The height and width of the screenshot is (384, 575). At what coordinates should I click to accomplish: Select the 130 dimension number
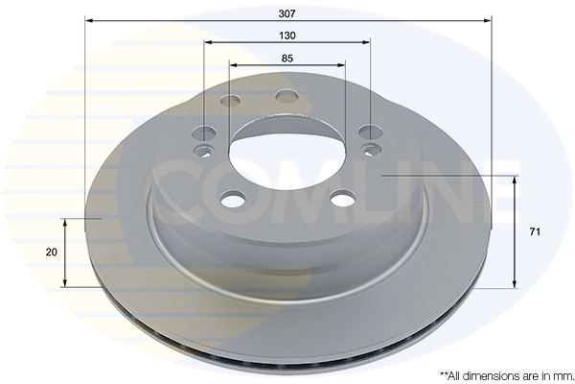point(287,35)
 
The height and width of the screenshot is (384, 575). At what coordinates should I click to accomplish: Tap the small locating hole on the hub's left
point(202,151)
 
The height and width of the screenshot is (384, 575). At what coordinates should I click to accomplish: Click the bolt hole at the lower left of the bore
point(232,200)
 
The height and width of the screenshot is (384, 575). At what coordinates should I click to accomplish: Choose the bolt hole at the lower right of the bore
point(341,200)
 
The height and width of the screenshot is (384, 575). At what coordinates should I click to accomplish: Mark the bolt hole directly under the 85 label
point(287,95)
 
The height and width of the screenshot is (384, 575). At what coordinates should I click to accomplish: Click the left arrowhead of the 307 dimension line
point(89,18)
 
